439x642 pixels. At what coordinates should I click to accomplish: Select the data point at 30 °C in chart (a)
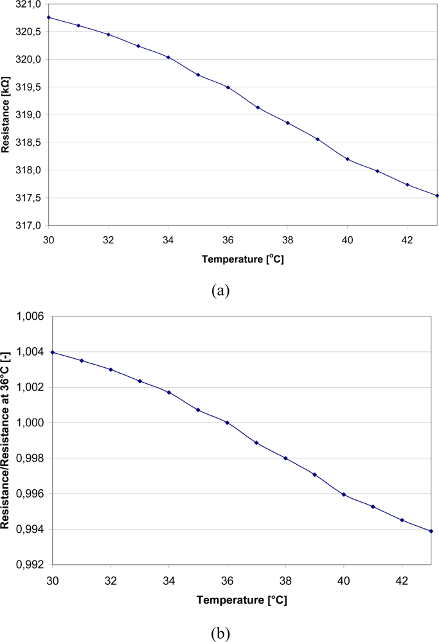[x=49, y=17]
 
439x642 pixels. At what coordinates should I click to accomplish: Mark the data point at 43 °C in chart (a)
[x=437, y=196]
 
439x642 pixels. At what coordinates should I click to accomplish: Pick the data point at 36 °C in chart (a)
[x=228, y=87]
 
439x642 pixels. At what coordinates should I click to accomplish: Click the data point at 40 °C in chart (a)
[x=348, y=159]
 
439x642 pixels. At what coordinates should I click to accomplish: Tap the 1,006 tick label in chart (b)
[x=31, y=317]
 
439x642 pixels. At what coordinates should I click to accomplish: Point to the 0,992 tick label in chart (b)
[x=31, y=565]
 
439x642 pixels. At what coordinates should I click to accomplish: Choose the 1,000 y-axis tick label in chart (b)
[x=31, y=423]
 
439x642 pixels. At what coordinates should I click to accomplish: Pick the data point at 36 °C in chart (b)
[x=227, y=422]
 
